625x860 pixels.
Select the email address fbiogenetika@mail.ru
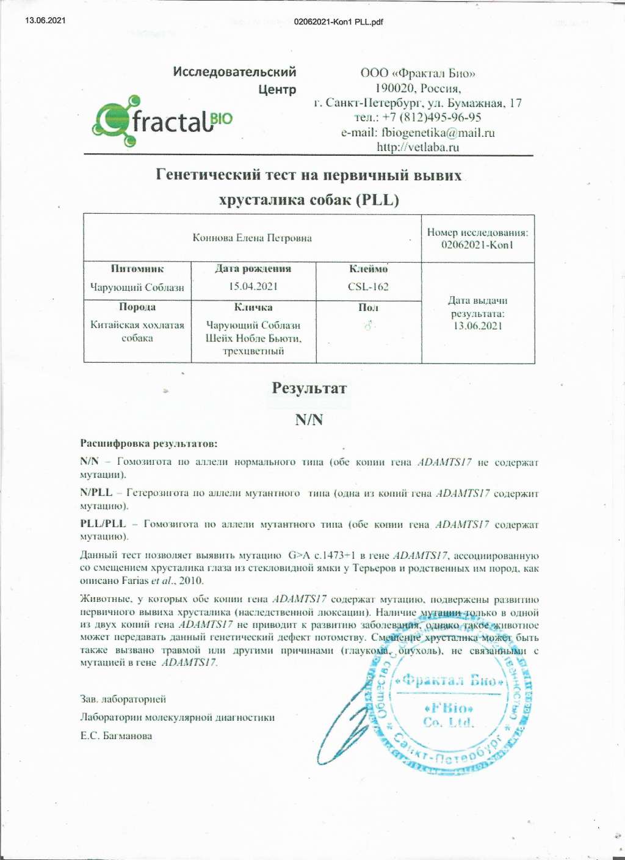tap(438, 133)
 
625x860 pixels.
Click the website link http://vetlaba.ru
tap(417, 147)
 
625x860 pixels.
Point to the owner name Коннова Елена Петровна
tap(252, 238)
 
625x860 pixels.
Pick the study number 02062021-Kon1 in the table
tap(477, 245)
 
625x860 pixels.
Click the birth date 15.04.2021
tap(253, 286)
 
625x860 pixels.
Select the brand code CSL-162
tap(368, 286)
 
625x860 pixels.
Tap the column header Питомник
tap(137, 269)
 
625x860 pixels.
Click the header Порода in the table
tap(137, 307)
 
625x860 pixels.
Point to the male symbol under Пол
tap(368, 326)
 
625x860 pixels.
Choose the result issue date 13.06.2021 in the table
tap(477, 326)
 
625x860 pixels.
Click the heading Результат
tap(309, 388)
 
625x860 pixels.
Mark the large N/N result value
tap(309, 420)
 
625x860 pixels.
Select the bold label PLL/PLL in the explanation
tap(103, 524)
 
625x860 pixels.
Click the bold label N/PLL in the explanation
tap(96, 493)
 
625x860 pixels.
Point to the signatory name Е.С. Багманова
tap(116, 736)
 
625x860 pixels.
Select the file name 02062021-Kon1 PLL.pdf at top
tap(338, 22)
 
